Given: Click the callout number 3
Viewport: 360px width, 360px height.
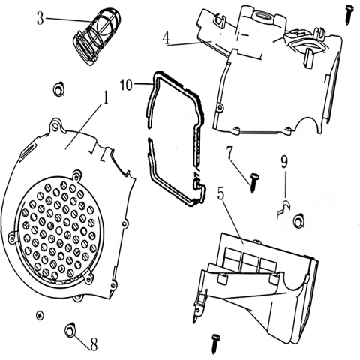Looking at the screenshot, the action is click(x=40, y=19).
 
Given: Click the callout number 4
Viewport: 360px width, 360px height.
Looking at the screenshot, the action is click(x=166, y=39).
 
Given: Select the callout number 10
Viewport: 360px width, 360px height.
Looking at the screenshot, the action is click(x=126, y=85).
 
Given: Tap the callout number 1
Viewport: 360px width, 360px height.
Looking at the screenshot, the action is click(x=106, y=97).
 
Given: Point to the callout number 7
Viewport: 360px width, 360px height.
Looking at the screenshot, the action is click(x=230, y=153).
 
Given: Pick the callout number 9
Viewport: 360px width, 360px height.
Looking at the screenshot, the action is click(x=284, y=162).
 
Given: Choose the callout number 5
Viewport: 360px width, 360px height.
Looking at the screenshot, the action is click(x=220, y=194).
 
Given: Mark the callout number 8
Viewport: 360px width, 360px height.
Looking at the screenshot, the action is click(x=94, y=344).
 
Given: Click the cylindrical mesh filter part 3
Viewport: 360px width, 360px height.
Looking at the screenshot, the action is click(x=97, y=37).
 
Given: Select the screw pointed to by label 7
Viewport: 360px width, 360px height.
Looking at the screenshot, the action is click(x=254, y=183).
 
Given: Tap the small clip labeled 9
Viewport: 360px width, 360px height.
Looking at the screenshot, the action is click(x=284, y=209).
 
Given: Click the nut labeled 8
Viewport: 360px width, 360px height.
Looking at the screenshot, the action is click(x=70, y=331).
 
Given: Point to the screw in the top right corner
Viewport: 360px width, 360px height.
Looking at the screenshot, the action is click(x=349, y=14).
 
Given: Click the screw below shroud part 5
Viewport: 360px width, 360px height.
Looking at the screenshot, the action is click(x=214, y=343).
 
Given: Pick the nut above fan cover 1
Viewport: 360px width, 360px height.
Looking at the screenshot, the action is click(x=59, y=89).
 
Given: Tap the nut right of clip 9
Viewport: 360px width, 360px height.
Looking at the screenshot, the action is click(x=298, y=220).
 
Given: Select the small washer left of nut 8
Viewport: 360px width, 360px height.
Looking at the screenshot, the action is click(x=40, y=316).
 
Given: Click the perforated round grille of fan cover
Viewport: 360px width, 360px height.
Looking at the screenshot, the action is click(x=59, y=231).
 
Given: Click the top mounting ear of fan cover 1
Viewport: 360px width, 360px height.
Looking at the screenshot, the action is click(x=55, y=126).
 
